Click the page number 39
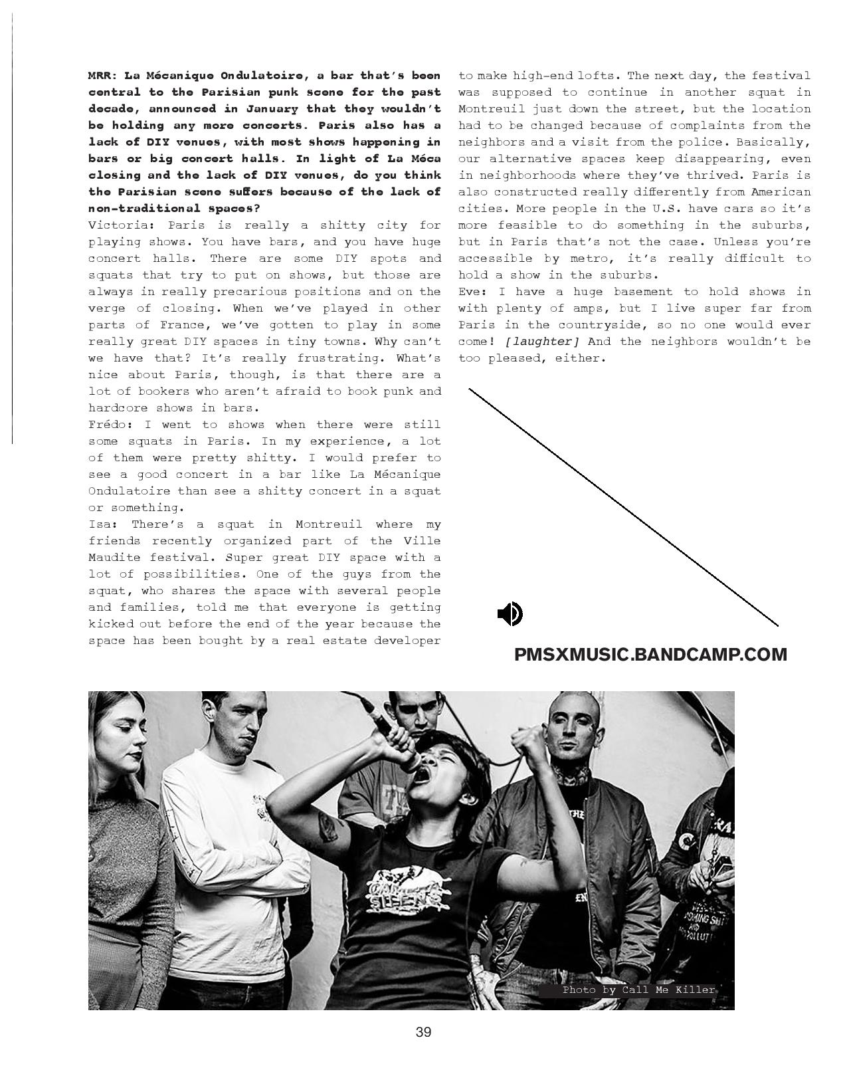point(423,1032)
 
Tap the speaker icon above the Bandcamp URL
point(510,614)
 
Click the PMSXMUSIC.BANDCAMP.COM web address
point(650,655)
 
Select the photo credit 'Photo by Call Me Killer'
point(638,990)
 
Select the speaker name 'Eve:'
point(474,292)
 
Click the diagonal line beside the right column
point(623,507)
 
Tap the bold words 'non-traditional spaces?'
point(174,209)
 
